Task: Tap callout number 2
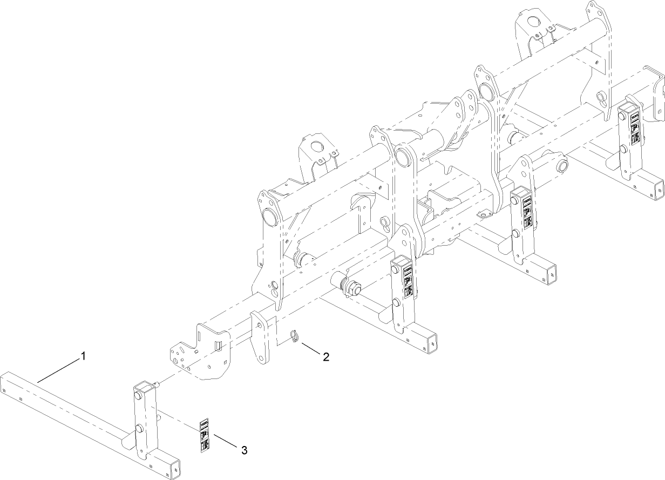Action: [326, 356]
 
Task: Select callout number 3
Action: [244, 449]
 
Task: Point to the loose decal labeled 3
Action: [205, 435]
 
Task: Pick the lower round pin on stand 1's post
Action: [139, 429]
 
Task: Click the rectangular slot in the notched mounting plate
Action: [219, 344]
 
